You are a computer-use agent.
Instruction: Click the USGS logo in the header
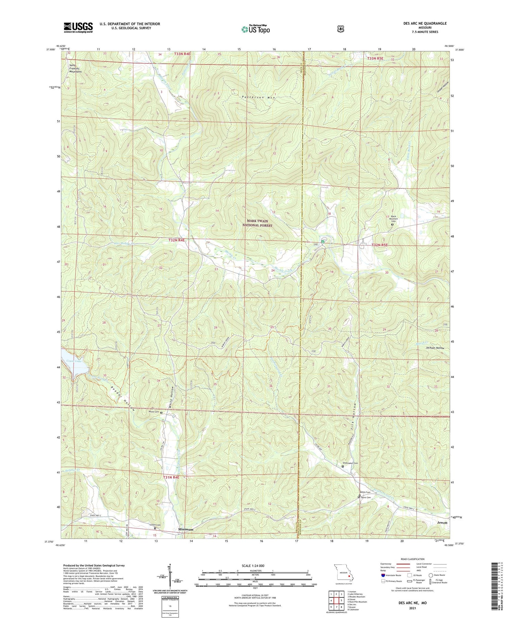[78, 27]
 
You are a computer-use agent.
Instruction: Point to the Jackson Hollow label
[435, 348]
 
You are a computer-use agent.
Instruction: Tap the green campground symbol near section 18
[322, 241]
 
